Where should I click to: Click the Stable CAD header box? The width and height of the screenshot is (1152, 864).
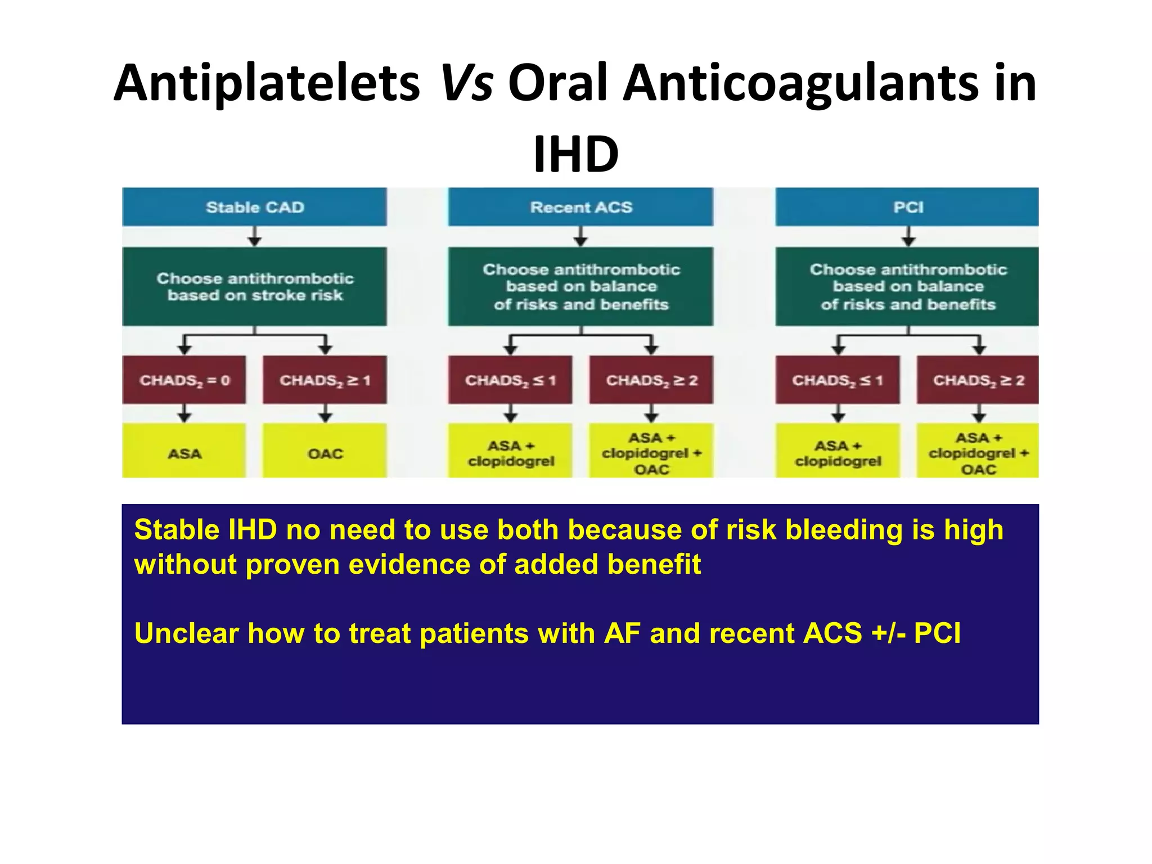coord(254,207)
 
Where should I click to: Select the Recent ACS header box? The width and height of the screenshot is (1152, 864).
coord(580,207)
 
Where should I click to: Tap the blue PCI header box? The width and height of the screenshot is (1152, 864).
coord(907,207)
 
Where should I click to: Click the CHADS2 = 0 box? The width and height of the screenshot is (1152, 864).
coord(184,380)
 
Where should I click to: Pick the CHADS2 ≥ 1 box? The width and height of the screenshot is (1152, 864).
coord(325,380)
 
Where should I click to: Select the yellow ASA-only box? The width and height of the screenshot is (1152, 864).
coord(184,453)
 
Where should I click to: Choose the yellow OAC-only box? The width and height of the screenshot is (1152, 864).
coord(325,453)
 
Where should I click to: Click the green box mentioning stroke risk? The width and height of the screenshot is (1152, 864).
coord(254,286)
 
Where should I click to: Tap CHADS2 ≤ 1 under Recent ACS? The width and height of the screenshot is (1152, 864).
coord(510,380)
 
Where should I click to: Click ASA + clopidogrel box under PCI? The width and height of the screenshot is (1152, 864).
coord(838,453)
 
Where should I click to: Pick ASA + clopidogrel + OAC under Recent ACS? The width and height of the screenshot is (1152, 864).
coord(651,453)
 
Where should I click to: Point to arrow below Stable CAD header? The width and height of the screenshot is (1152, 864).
coord(254,237)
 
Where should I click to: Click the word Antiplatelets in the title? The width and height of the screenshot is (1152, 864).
coord(267,83)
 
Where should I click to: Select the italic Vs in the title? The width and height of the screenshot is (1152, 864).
coord(466,83)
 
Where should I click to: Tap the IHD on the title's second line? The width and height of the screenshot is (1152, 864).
coord(575,154)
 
